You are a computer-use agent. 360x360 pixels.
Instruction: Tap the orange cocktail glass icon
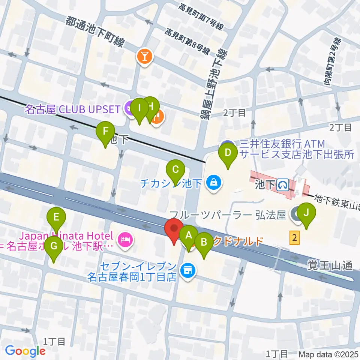(144, 57)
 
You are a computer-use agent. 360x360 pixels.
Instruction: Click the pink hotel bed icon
(124, 238)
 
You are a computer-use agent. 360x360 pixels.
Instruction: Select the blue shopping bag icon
(213, 183)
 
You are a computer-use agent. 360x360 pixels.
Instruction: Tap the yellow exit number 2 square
(295, 238)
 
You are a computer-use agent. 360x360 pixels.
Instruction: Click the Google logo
(25, 351)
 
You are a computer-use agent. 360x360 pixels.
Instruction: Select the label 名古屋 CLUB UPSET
(73, 109)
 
